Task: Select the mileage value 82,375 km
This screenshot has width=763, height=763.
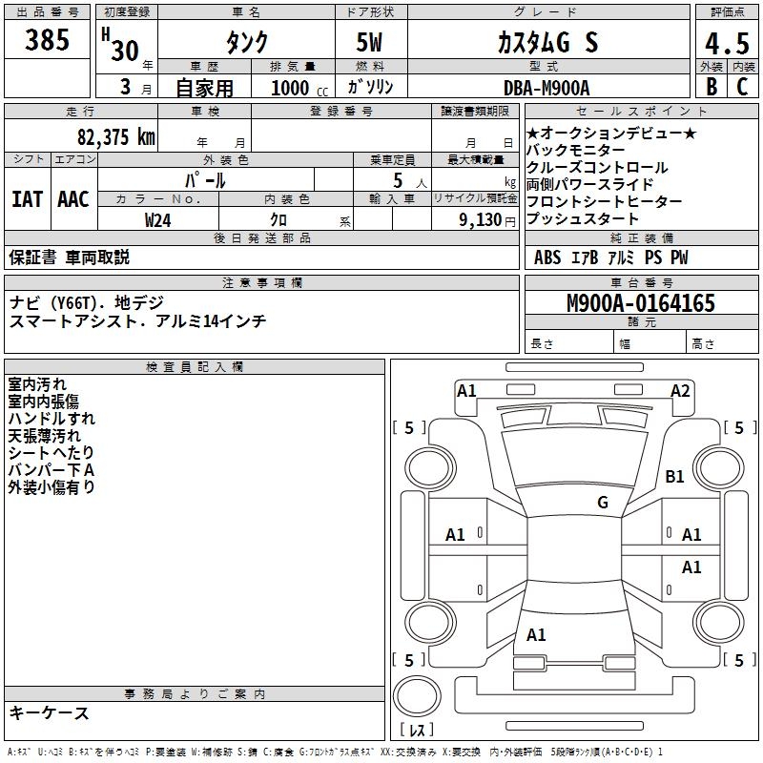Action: (115, 137)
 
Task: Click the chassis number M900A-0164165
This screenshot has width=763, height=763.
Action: (640, 303)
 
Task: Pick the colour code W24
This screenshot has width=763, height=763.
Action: (158, 219)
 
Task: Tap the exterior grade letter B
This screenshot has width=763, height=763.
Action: (710, 86)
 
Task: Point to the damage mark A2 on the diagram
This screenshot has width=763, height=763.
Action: (680, 390)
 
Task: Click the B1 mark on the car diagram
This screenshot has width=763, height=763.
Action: (675, 476)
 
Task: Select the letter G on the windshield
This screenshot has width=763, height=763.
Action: (602, 503)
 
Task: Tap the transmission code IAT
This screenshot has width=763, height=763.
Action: (27, 199)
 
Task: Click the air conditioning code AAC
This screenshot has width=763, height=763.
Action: (73, 199)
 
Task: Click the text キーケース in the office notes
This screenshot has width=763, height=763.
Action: (49, 712)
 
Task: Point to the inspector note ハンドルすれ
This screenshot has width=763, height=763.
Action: (52, 418)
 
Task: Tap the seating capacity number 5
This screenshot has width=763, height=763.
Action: (396, 179)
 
